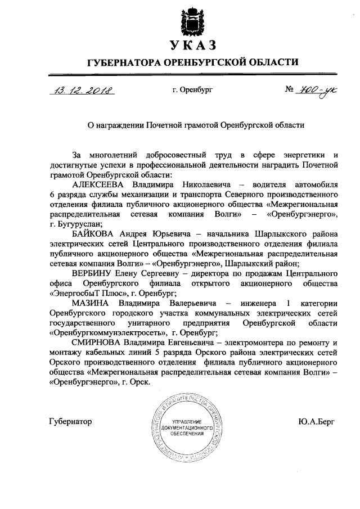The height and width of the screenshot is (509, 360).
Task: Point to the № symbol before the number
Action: coord(291,90)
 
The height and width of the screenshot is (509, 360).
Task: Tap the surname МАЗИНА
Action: coord(92,304)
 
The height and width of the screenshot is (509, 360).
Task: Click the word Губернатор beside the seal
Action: coord(70,421)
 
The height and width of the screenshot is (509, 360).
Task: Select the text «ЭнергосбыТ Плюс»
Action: coord(85,294)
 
